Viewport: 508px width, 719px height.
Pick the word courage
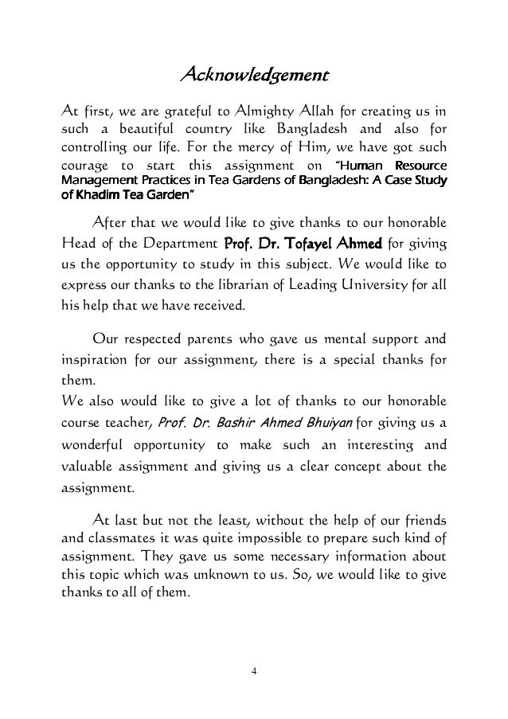click(x=82, y=165)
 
